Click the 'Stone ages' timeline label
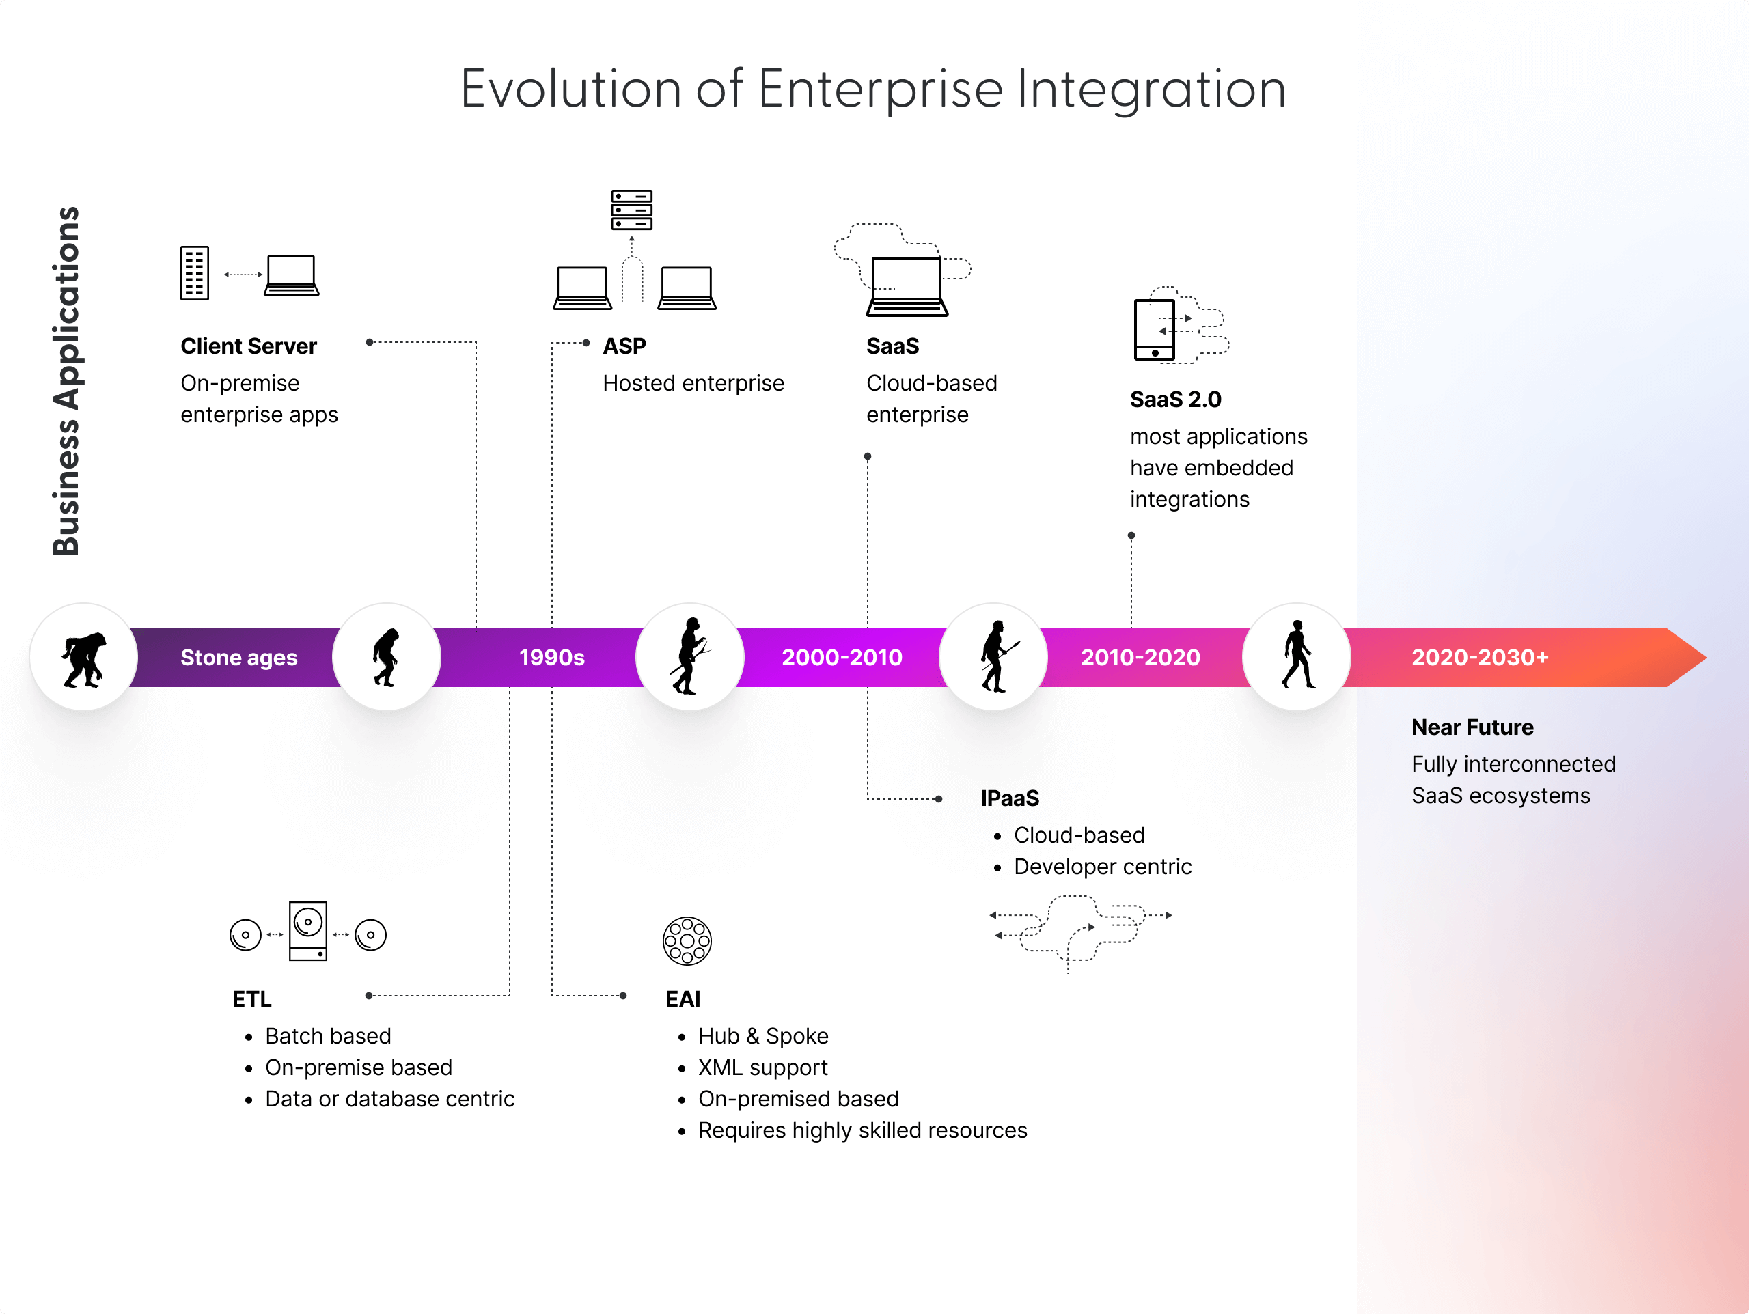(239, 658)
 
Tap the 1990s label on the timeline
(552, 658)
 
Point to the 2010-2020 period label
(1140, 658)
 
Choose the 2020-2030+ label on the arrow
(1479, 658)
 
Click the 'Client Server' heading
(248, 346)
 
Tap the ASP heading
(624, 346)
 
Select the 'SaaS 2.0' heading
(1175, 400)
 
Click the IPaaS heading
(1010, 798)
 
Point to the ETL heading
(251, 999)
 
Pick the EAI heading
(683, 999)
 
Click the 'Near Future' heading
(1472, 727)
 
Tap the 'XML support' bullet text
(762, 1067)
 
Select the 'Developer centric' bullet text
(1102, 867)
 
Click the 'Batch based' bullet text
(328, 1036)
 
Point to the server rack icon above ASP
(631, 210)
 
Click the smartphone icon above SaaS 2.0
(1155, 329)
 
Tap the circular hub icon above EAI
(687, 941)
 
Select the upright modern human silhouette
(1297, 656)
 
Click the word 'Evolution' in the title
(570, 89)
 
